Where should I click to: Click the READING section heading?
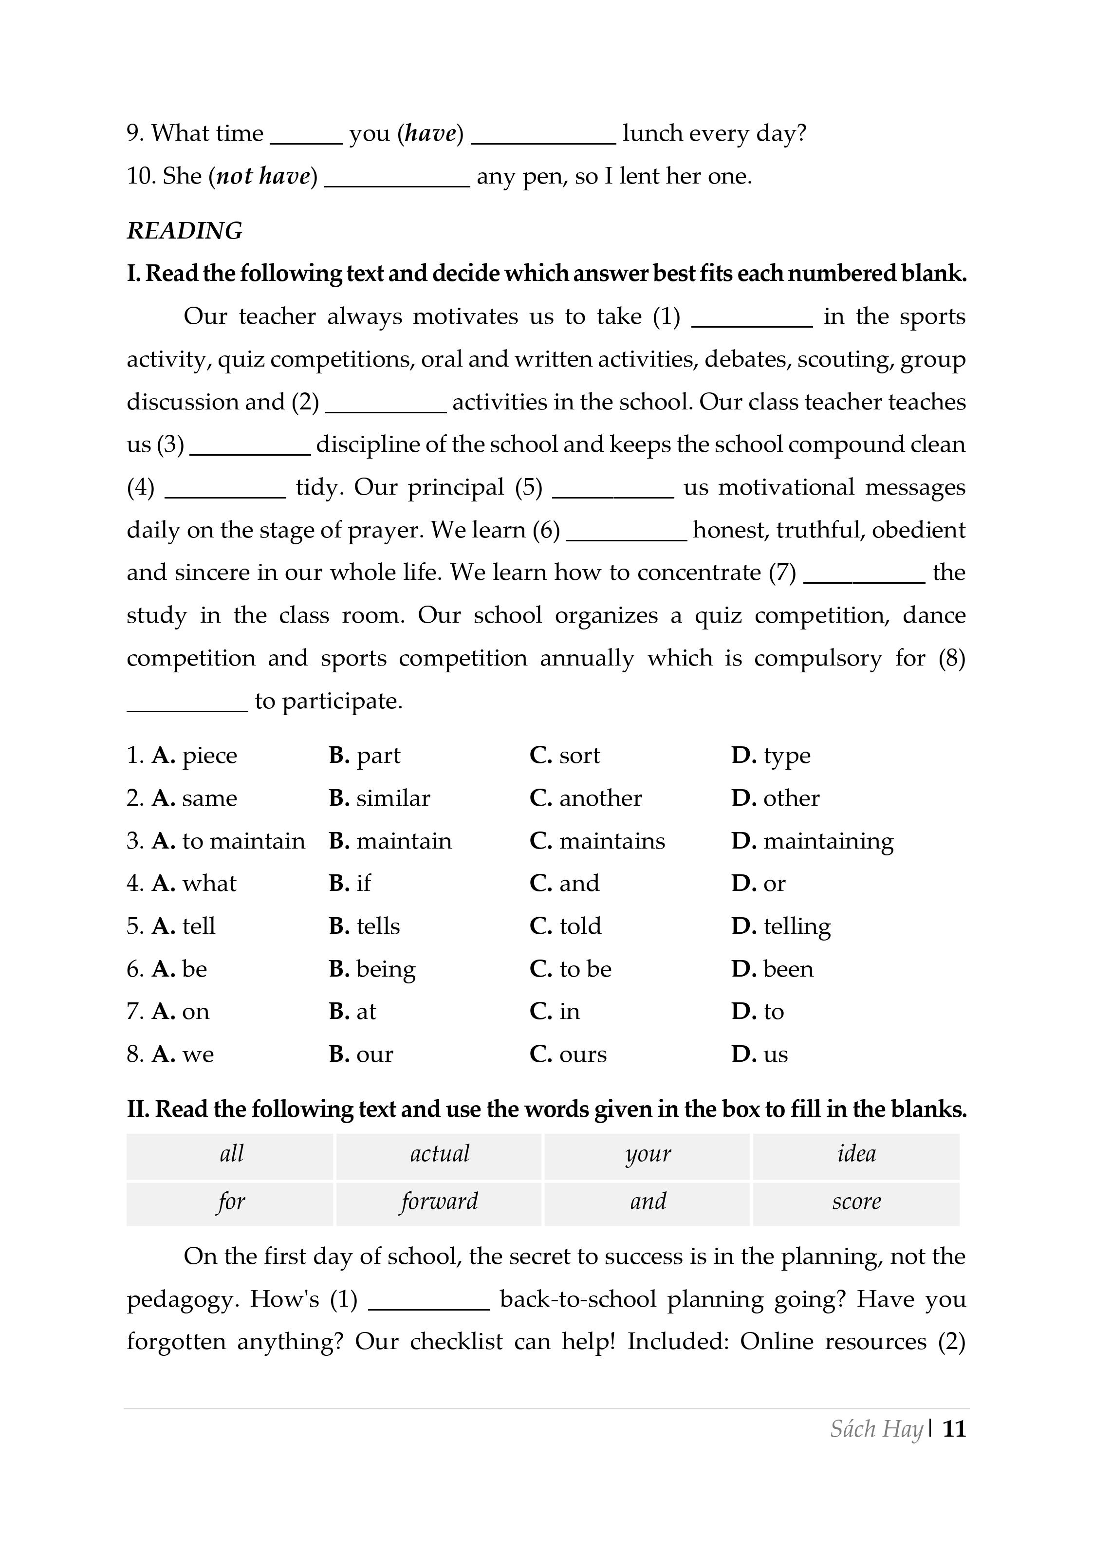[x=184, y=231]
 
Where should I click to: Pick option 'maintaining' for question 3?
[x=828, y=841]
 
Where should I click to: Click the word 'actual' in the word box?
[x=439, y=1153]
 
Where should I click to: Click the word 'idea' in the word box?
[x=856, y=1153]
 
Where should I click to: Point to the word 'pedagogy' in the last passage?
[x=183, y=1300]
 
